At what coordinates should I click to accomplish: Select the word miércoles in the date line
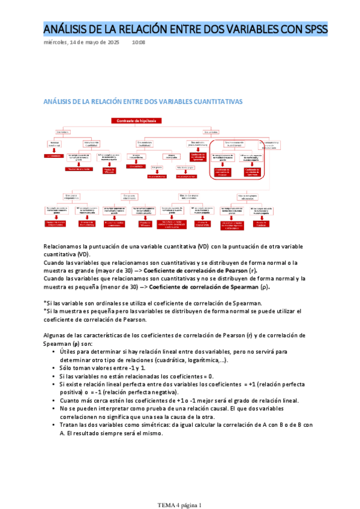pos(56,43)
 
